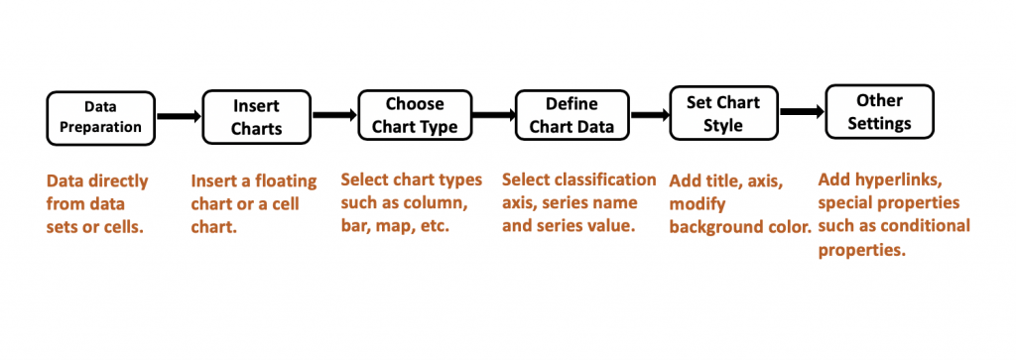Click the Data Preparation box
click(100, 116)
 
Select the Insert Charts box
click(256, 116)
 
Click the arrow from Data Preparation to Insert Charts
click(179, 117)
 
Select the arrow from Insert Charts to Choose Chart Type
click(334, 116)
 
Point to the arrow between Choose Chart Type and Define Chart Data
click(493, 115)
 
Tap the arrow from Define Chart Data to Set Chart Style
click(650, 115)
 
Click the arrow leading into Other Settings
click(803, 112)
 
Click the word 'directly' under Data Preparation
click(115, 181)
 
